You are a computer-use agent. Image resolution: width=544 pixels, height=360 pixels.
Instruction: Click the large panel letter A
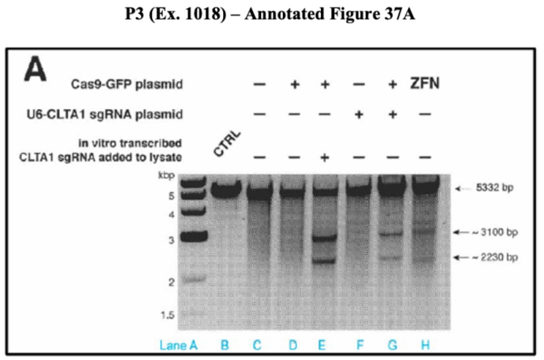click(x=36, y=70)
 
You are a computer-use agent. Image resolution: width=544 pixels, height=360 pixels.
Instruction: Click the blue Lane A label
click(x=178, y=345)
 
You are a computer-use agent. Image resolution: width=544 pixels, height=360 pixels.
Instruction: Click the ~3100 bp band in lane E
click(x=324, y=239)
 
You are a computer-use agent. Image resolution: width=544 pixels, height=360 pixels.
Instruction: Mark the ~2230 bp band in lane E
click(x=324, y=260)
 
